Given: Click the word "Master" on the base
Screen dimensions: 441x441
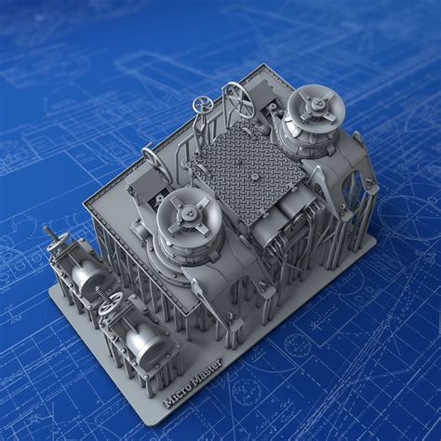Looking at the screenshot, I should coord(207,369).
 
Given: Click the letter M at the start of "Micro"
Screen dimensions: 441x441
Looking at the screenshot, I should coord(167,402).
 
